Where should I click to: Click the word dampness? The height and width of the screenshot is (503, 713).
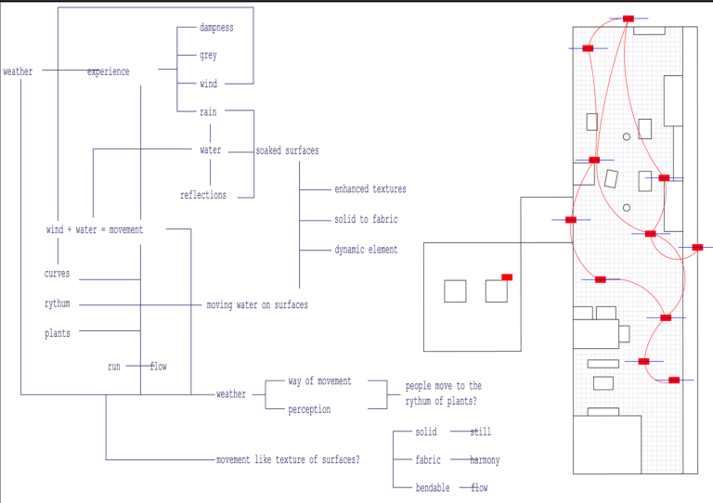[x=216, y=28]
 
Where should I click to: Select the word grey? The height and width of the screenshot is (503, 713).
[x=208, y=56]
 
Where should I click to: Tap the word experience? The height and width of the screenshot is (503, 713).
[x=109, y=72]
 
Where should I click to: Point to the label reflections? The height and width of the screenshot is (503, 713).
[x=203, y=196]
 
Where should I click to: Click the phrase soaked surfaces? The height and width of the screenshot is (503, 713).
[x=287, y=150]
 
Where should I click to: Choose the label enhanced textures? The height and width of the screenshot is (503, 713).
[x=370, y=189]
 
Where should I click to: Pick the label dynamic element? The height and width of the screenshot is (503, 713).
[x=366, y=250]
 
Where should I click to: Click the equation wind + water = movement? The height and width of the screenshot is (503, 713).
[x=95, y=230]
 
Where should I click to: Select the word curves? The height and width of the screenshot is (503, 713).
[x=57, y=275]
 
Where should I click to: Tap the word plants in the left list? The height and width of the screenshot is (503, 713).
[x=57, y=334]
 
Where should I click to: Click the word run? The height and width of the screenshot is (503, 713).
[x=114, y=367]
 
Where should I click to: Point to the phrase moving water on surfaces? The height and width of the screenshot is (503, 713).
[x=257, y=305]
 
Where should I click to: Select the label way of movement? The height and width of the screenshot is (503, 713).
[x=319, y=381]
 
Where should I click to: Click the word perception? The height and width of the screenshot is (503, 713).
[x=309, y=409]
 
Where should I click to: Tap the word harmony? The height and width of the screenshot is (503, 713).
[x=485, y=460]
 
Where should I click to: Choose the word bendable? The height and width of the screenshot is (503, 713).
[x=433, y=488]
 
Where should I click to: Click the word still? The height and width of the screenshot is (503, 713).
[x=480, y=432]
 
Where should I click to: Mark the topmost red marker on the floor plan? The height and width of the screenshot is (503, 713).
[x=629, y=19]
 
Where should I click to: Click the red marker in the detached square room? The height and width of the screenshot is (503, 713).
[x=507, y=277]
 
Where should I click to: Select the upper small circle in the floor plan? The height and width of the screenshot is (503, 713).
[x=627, y=137]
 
